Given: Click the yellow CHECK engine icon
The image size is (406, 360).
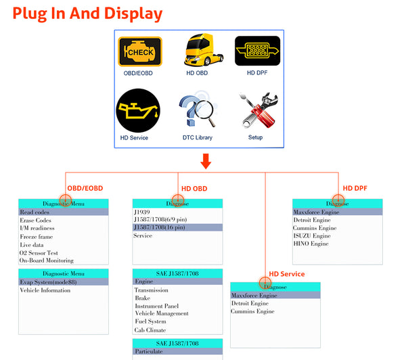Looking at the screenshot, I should click(x=140, y=51).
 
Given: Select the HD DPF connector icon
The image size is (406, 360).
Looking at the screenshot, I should click(x=257, y=51).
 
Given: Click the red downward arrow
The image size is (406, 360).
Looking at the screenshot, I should click(x=206, y=161).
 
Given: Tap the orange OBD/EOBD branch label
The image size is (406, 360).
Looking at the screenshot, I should click(x=85, y=188).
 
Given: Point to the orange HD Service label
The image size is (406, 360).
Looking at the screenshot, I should click(x=287, y=274).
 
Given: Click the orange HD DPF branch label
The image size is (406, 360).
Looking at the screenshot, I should click(x=355, y=188).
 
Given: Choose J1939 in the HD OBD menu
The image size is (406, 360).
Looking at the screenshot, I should click(x=142, y=212).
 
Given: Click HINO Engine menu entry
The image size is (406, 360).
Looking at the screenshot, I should click(x=312, y=244).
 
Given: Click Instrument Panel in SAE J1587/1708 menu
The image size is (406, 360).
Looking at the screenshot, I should click(x=156, y=306).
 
